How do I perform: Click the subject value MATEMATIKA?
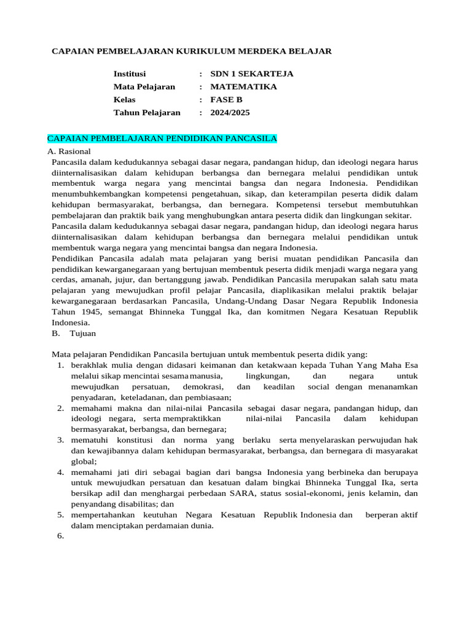click(x=243, y=87)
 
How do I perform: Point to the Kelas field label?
click(x=125, y=100)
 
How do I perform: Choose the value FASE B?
click(x=226, y=100)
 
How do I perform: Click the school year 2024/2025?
click(x=230, y=113)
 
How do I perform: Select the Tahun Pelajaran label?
click(x=147, y=113)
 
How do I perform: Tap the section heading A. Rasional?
click(x=69, y=151)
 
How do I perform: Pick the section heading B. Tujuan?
click(x=74, y=333)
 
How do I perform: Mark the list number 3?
click(x=61, y=440)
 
